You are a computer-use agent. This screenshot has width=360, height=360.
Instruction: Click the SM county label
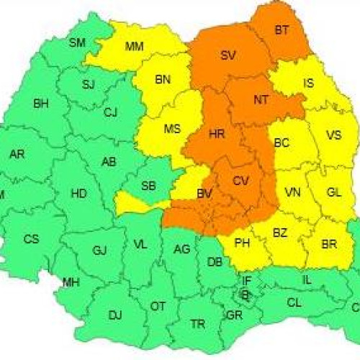[x=77, y=42]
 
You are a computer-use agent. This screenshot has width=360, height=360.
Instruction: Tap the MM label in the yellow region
[x=134, y=47]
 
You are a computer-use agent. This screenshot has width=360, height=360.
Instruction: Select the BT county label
[x=281, y=30]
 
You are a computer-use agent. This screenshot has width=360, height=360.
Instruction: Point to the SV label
[x=228, y=55]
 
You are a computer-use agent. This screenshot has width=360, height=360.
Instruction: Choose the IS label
[x=308, y=84]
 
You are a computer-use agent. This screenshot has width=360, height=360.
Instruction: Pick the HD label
[x=78, y=193]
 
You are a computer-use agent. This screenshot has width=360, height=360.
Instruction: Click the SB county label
[x=148, y=186]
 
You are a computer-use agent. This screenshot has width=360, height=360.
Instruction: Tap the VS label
[x=333, y=135]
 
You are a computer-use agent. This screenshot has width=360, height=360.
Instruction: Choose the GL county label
[x=334, y=192]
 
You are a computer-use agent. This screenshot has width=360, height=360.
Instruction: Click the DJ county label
[x=115, y=315]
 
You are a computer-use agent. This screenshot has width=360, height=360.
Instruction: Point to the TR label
[x=198, y=324]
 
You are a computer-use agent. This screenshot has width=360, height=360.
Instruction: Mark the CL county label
[x=294, y=303]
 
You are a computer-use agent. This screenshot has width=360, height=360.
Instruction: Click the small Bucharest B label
[x=245, y=294]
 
